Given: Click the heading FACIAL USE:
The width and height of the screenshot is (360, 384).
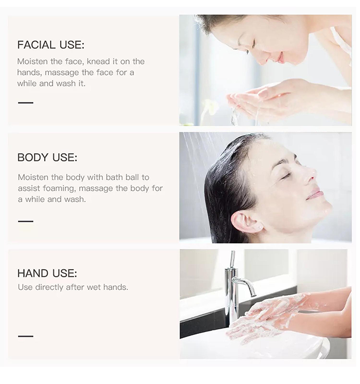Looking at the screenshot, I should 50,45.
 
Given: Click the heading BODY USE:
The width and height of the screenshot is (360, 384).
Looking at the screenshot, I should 47,157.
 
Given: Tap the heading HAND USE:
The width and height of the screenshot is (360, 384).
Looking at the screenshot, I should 47,274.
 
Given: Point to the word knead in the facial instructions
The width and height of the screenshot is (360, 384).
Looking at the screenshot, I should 98,61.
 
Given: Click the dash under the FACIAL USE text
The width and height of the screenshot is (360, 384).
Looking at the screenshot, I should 25,103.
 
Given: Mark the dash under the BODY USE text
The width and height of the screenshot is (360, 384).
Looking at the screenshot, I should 25,221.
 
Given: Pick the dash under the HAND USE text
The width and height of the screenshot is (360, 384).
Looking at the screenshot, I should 25,336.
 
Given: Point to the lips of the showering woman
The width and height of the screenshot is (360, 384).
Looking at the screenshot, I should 315,193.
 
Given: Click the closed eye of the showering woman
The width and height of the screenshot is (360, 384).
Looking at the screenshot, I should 286,175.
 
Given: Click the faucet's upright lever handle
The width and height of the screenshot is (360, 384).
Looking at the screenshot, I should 232,259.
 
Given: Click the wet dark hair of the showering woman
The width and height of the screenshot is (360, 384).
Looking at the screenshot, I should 221,182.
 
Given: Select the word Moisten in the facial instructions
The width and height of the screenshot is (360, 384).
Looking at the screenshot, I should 33,61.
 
